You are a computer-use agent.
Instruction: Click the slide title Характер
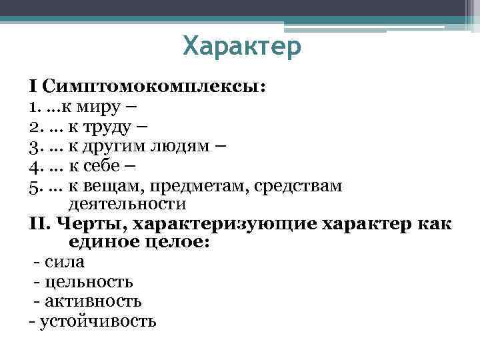click(x=242, y=47)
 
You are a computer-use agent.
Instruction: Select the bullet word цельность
click(x=87, y=281)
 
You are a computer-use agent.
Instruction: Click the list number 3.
click(x=34, y=146)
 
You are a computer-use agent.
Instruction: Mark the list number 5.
click(x=34, y=186)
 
